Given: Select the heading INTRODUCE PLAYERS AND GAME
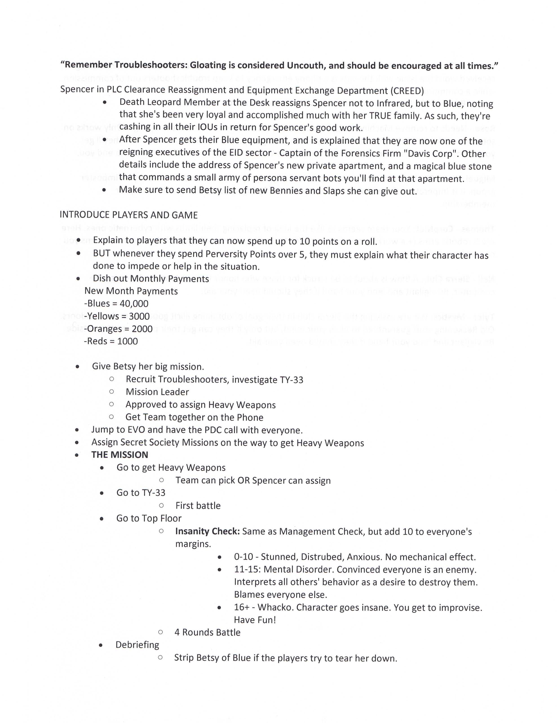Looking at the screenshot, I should click(128, 215).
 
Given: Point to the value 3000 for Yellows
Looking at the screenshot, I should click(139, 316).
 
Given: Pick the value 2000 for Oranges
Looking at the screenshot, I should click(142, 329).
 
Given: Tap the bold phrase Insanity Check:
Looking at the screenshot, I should click(207, 531).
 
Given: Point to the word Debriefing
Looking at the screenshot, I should click(137, 645).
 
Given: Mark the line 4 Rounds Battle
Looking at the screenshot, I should click(207, 632).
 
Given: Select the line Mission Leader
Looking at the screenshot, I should click(157, 392).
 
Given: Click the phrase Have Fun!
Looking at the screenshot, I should click(255, 620).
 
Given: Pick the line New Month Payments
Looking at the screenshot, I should click(131, 291).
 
